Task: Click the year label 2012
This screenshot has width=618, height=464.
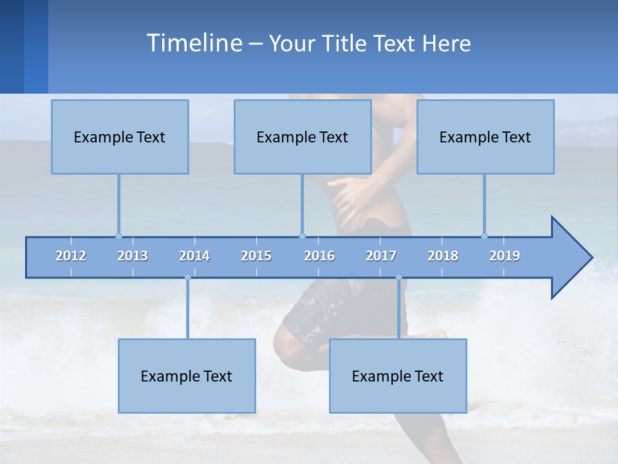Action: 71,256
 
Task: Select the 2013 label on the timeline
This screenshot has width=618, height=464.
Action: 133,256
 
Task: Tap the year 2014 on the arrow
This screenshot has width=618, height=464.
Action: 194,256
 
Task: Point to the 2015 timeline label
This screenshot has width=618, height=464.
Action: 256,256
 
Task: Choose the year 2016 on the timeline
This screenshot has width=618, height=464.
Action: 319,256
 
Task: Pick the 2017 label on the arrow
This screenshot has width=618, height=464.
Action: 381,256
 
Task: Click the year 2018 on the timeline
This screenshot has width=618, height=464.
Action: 443,256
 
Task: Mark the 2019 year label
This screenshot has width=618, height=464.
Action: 505,256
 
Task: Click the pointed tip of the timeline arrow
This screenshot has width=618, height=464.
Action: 590,258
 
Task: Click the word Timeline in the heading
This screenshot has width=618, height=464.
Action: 193,43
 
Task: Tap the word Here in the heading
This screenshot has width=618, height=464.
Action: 446,44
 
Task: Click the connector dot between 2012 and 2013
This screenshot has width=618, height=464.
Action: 118,236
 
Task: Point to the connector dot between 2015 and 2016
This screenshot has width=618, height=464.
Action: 302,236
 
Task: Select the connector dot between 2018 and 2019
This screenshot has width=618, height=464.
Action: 484,236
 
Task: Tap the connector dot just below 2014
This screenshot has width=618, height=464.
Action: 187,278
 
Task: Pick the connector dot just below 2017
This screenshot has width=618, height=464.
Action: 398,278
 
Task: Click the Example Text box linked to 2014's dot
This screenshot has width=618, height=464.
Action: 187,376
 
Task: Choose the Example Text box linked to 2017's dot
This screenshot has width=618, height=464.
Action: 398,376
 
